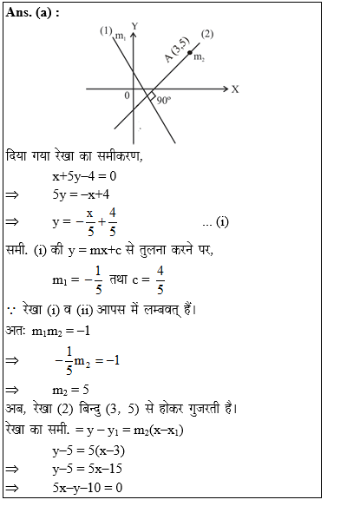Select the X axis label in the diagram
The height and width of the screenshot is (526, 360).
click(234, 89)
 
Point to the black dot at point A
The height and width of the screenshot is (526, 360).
click(190, 54)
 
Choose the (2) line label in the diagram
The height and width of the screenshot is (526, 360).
click(206, 34)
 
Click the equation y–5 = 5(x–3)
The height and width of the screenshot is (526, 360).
click(92, 450)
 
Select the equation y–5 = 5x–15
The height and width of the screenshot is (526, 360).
click(87, 469)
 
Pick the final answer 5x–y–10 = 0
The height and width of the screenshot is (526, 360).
click(88, 488)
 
